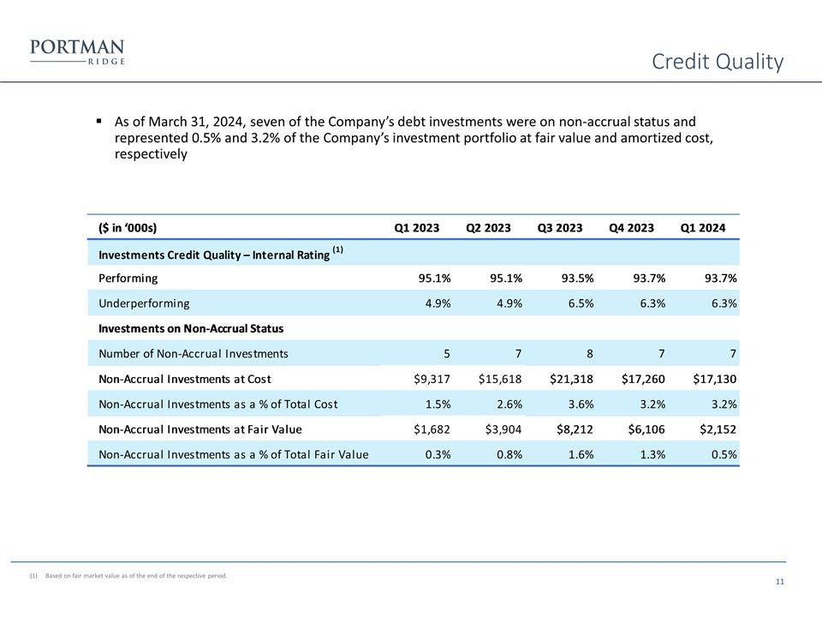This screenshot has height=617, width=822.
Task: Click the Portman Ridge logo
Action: click(77, 52)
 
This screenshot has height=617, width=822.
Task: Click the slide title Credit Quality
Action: click(717, 62)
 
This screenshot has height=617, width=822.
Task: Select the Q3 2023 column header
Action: click(560, 228)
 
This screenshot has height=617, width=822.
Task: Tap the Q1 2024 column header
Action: click(702, 228)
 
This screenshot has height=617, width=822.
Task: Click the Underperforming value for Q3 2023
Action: click(578, 303)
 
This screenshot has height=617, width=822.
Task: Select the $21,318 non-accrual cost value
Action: click(567, 379)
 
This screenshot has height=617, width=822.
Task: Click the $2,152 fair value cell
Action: click(712, 429)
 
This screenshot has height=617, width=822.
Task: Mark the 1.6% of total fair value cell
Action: click(580, 455)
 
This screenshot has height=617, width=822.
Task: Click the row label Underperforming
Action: click(145, 303)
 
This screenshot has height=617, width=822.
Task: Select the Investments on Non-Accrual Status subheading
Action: click(191, 328)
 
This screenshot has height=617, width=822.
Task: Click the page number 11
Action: click(779, 583)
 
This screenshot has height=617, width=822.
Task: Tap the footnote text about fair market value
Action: click(135, 576)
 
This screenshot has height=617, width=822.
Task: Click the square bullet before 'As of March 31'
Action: click(100, 121)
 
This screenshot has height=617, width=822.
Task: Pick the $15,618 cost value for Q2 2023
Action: click(496, 379)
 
